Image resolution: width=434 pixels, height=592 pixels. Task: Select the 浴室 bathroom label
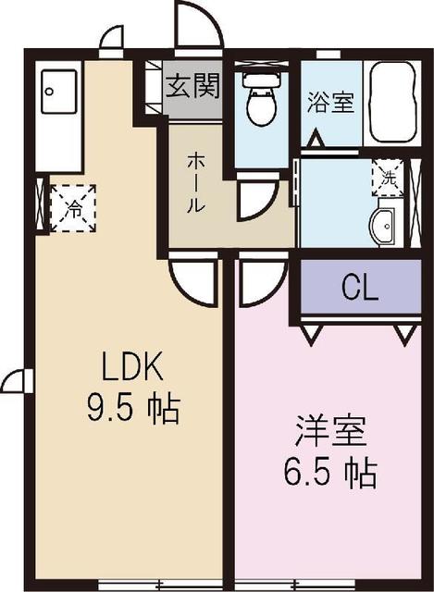[330, 103]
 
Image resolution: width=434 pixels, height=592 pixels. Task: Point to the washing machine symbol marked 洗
[388, 176]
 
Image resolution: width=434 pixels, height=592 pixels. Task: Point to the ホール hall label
[195, 182]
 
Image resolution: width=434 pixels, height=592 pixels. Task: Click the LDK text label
[132, 368]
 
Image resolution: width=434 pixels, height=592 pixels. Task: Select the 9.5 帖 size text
[132, 408]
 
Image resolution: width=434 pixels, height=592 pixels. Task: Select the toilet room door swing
[256, 199]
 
